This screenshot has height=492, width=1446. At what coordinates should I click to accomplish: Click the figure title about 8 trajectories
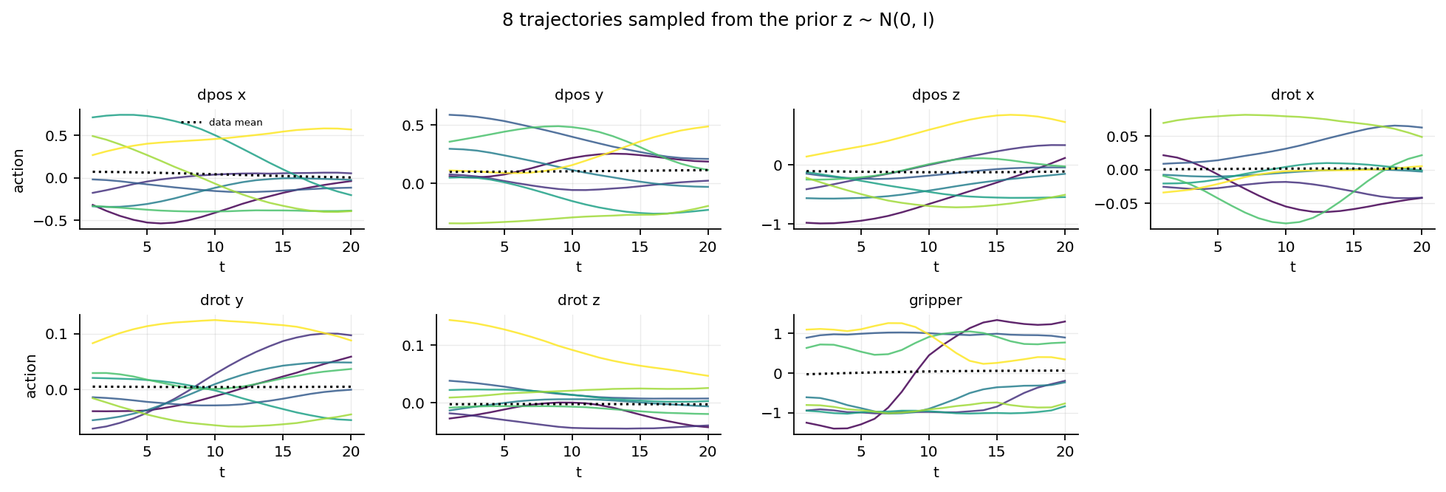718,21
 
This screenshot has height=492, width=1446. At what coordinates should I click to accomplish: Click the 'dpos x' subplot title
222,95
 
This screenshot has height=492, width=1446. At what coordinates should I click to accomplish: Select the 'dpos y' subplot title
578,95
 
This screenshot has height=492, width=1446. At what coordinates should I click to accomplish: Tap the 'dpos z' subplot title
936,95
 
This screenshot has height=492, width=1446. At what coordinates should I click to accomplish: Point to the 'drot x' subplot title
1292,95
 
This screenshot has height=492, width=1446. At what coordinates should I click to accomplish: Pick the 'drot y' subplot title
222,301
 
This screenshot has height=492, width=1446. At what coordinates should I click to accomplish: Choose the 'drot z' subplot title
578,301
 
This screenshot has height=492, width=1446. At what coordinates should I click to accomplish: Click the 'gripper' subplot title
936,301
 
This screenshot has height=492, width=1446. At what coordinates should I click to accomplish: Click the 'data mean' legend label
236,123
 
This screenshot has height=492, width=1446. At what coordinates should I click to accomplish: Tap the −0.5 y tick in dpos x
57,221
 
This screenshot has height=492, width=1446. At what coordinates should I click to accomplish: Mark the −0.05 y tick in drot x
1120,204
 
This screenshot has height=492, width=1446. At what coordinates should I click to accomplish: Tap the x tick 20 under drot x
1422,247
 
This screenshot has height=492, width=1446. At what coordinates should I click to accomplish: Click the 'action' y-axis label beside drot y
31,375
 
